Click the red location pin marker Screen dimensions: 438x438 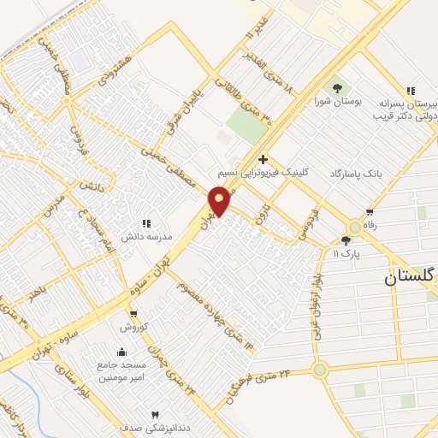[220, 200]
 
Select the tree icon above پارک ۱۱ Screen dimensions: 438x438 [346, 240]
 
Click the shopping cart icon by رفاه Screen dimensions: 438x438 [370, 213]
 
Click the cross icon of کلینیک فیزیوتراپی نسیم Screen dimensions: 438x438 [263, 158]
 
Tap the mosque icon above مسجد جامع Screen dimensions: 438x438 [121, 352]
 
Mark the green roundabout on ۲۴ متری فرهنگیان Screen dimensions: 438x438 [320, 370]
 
